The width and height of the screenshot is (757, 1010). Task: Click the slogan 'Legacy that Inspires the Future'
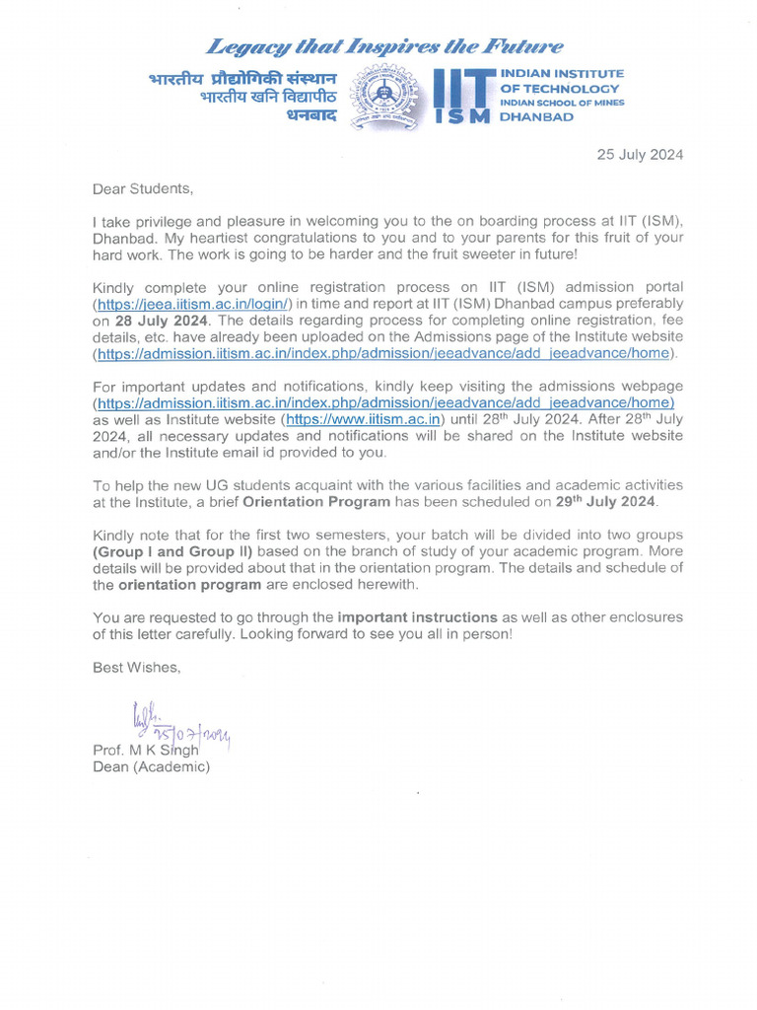click(x=383, y=46)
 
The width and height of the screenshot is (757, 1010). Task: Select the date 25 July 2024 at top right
click(x=638, y=155)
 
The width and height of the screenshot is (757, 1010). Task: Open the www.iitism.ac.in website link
click(x=362, y=419)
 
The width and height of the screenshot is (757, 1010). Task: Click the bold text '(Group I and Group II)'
click(x=172, y=551)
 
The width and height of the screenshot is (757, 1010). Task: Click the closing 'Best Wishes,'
click(x=137, y=668)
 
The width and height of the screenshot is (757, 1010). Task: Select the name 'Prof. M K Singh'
click(x=146, y=750)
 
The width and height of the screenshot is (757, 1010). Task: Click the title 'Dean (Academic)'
click(x=151, y=766)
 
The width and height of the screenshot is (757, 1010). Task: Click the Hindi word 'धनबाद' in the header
click(x=311, y=115)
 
